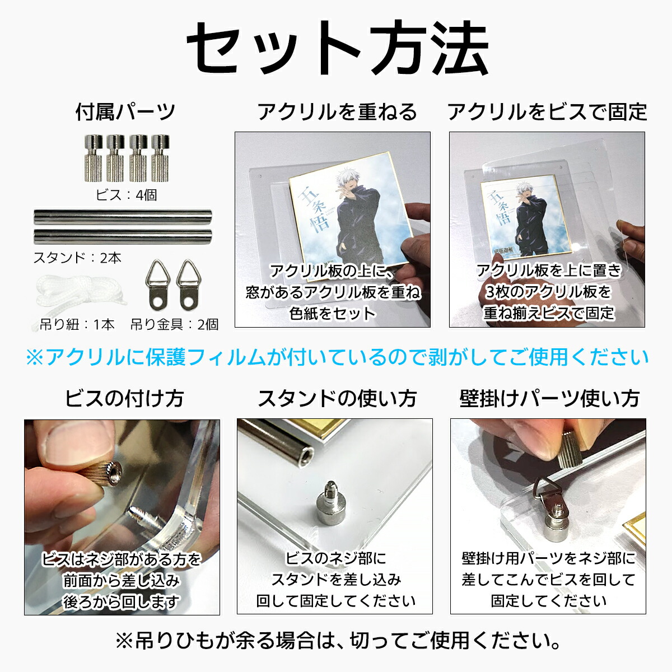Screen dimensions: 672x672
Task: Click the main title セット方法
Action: (336, 49)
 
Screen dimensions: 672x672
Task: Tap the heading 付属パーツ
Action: (125, 111)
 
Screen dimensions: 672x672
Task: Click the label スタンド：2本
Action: (77, 258)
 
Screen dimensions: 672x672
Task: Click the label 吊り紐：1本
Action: (77, 324)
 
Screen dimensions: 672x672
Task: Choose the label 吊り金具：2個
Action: (175, 324)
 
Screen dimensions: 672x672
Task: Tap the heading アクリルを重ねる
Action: (337, 112)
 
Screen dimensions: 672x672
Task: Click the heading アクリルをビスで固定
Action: (547, 112)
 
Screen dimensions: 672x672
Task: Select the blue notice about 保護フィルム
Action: (336, 357)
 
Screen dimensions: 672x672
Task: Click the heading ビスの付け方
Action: (124, 399)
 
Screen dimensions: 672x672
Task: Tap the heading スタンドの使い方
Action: (337, 399)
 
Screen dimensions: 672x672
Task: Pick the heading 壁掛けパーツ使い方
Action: (549, 399)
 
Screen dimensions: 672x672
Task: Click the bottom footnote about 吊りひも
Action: (336, 640)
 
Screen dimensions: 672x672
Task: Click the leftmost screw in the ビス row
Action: (92, 158)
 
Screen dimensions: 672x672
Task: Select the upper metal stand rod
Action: (123, 217)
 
